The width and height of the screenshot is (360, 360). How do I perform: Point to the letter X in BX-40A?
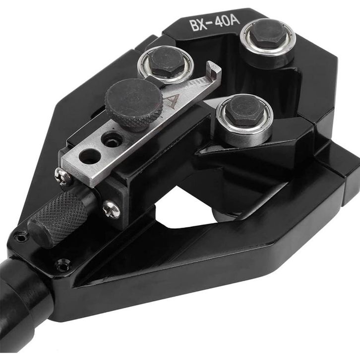pos(202,25)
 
